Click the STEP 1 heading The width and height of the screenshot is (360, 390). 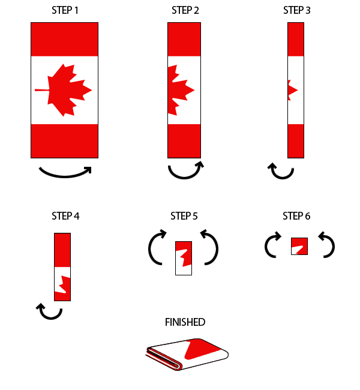pyautogui.click(x=64, y=10)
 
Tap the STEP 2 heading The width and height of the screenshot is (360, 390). pyautogui.click(x=184, y=10)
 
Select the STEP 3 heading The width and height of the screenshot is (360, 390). pyautogui.click(x=297, y=10)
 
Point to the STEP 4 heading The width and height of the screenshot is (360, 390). pyautogui.click(x=65, y=216)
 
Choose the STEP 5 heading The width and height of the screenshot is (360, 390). pyautogui.click(x=184, y=216)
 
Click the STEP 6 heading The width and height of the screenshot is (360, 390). pyautogui.click(x=296, y=216)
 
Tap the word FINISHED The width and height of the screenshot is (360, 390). pyautogui.click(x=185, y=322)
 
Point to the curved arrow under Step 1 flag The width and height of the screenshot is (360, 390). pyautogui.click(x=65, y=172)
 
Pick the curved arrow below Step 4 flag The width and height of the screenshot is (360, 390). pyautogui.click(x=50, y=312)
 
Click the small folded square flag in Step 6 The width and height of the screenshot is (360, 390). pyautogui.click(x=299, y=246)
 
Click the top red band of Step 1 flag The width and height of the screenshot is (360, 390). pyautogui.click(x=64, y=39)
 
